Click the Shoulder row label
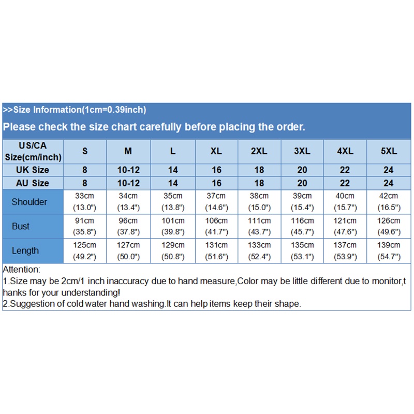coord(29,202)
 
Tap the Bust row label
coord(21,226)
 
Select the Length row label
coord(25,250)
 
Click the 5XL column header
coord(389,151)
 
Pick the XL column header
coord(216,151)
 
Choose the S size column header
coord(85,151)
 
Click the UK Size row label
coord(33,170)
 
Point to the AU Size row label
coord(33,183)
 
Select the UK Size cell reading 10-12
coord(128,170)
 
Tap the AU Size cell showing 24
coord(389,183)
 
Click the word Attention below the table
coord(21,270)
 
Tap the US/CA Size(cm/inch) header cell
coord(33,151)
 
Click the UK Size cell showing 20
coord(302,170)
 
